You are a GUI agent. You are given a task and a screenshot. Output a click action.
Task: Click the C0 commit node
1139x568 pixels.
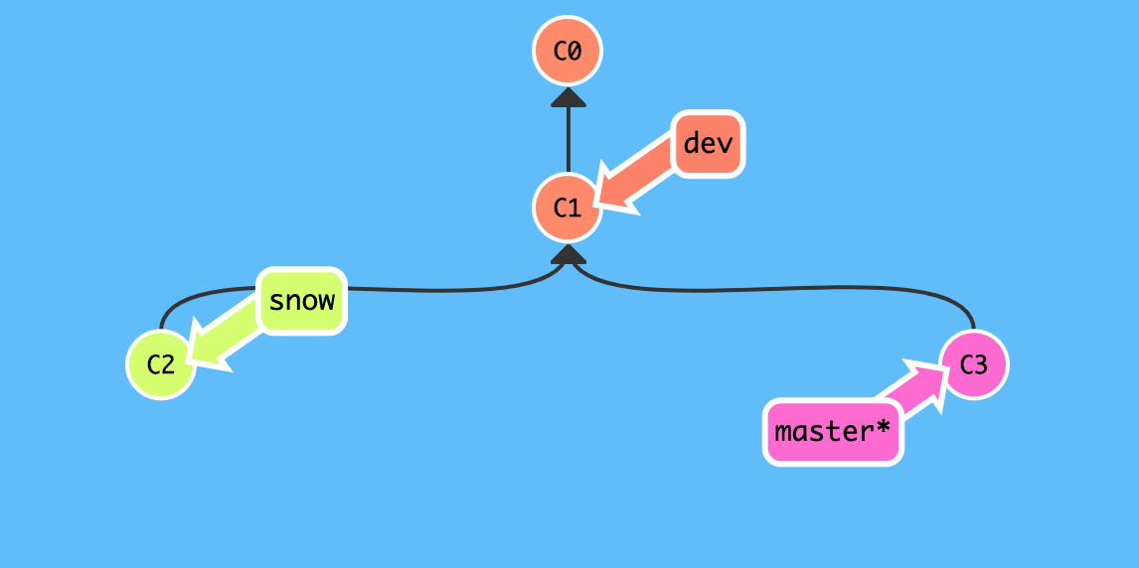(567, 51)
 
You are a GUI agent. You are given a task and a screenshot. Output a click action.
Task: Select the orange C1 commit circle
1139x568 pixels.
(567, 209)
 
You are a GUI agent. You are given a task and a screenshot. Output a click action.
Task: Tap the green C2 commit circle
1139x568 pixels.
(160, 364)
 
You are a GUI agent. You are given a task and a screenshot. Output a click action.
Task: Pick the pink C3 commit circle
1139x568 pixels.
(973, 364)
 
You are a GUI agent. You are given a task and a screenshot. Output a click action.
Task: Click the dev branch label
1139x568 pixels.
(708, 144)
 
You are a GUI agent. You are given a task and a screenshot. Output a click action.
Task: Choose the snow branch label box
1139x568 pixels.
(302, 300)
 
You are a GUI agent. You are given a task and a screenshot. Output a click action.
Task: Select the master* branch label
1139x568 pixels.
(833, 433)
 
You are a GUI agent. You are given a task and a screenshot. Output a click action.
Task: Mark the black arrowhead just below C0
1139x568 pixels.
(568, 96)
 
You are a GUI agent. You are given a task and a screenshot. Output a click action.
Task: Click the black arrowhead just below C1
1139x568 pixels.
(568, 255)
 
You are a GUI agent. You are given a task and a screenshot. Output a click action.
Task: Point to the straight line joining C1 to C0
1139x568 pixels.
(568, 139)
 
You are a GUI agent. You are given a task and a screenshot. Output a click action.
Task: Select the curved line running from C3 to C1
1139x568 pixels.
(795, 290)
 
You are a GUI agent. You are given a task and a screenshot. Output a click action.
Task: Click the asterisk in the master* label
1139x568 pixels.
(882, 432)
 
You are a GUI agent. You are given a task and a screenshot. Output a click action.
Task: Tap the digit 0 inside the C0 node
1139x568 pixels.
(574, 51)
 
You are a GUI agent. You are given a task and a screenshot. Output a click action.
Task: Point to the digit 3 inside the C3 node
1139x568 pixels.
(981, 364)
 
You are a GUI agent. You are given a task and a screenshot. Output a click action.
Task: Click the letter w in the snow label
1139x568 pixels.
(325, 300)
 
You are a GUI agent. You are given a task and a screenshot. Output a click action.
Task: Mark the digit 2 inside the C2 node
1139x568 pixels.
(168, 364)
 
